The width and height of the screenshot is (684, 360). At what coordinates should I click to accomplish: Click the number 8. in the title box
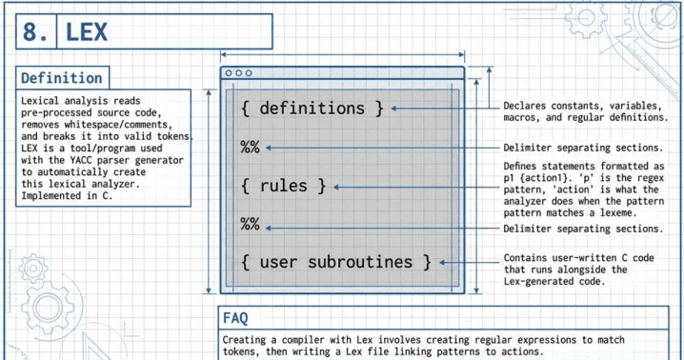35,31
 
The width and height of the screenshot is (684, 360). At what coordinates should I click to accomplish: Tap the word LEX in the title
87,31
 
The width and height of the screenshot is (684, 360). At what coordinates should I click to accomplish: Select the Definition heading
62,78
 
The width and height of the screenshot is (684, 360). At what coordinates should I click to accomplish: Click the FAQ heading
235,318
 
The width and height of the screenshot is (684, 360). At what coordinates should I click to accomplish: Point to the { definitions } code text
312,109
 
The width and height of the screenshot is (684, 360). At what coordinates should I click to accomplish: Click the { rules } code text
284,187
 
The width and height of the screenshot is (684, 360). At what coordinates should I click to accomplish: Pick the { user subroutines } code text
336,262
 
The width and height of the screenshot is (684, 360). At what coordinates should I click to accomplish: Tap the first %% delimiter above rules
250,148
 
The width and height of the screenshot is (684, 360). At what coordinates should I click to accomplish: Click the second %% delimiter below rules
250,225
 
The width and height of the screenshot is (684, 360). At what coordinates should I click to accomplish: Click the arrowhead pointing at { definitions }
393,109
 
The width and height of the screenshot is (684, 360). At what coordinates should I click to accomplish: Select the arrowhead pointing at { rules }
336,188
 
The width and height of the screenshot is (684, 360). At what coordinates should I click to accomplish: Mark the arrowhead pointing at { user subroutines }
442,262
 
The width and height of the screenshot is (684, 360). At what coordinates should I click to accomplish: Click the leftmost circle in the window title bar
229,73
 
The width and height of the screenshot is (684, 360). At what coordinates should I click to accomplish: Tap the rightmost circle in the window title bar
249,73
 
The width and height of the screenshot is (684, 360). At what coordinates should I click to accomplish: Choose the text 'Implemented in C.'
67,196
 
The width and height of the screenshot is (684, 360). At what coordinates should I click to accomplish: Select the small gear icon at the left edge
33,268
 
